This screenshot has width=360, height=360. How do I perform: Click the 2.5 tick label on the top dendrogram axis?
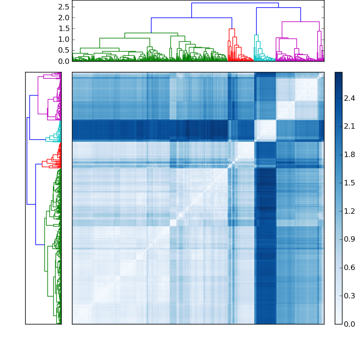point(63,7)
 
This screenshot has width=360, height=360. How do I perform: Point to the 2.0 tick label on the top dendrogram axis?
point(63,18)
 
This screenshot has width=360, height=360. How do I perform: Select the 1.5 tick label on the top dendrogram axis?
point(63,28)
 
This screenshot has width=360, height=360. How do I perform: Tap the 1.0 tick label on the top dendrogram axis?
point(63,39)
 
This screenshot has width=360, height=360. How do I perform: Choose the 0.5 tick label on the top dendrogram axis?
point(63,50)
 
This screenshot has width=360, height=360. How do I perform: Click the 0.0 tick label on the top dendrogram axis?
point(63,61)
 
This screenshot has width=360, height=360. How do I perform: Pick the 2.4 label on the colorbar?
point(350,98)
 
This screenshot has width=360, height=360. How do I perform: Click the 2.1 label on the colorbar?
point(350,126)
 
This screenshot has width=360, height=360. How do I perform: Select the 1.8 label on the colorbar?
point(350,155)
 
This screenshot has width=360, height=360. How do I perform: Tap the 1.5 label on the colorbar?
point(350,183)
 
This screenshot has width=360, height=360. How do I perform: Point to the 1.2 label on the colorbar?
point(350,211)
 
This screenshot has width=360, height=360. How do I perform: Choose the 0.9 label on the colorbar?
point(350,239)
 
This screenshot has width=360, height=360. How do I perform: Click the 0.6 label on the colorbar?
point(350,267)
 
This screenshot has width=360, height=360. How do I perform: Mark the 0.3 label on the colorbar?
point(350,296)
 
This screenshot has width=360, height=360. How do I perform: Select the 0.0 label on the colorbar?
point(350,324)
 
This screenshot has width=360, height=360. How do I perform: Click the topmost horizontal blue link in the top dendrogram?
point(235,3)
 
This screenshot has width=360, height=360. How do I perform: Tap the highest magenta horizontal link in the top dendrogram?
point(301,22)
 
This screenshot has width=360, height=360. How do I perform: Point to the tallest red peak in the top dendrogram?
point(232,29)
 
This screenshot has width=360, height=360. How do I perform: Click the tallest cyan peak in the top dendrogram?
point(256,35)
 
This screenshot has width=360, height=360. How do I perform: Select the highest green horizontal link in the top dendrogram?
point(151,33)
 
